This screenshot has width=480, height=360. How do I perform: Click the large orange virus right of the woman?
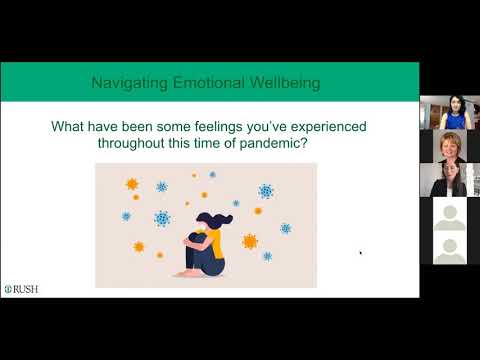pos(249,241)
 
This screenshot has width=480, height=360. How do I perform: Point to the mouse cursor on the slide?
pos(360,253)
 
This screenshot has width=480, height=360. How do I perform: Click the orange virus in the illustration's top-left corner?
pos(131,184)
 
